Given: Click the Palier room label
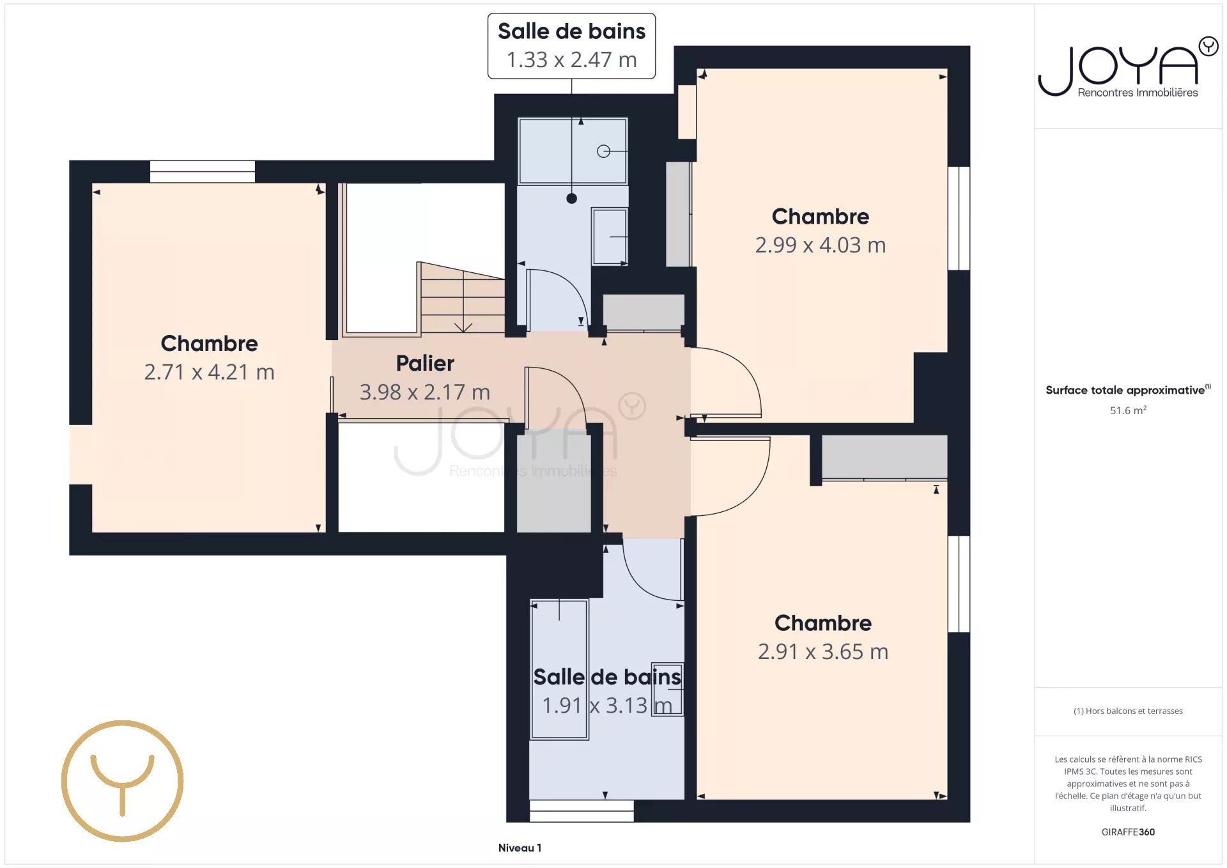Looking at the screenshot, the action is pyautogui.click(x=425, y=364).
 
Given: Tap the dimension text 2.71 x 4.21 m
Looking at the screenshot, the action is pyautogui.click(x=209, y=372).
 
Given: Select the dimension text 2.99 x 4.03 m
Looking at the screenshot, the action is pyautogui.click(x=821, y=245).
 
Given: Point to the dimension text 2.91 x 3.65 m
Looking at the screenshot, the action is pyautogui.click(x=823, y=651).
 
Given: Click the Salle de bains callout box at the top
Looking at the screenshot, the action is pyautogui.click(x=571, y=46).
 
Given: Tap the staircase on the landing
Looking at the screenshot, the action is pyautogui.click(x=462, y=298).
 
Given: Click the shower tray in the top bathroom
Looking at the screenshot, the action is pyautogui.click(x=573, y=151).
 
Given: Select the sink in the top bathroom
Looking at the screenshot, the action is pyautogui.click(x=610, y=236).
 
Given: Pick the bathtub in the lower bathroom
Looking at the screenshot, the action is pyautogui.click(x=559, y=669).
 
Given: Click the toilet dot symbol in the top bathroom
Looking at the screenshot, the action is pyautogui.click(x=571, y=199).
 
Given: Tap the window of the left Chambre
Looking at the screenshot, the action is pyautogui.click(x=202, y=172).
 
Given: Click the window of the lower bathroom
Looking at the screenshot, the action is pyautogui.click(x=582, y=810).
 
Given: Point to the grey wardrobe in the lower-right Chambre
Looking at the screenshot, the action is pyautogui.click(x=884, y=457).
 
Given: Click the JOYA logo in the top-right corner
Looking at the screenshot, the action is pyautogui.click(x=1128, y=67).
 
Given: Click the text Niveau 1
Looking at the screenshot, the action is pyautogui.click(x=520, y=848).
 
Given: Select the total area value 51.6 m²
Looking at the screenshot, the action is pyautogui.click(x=1128, y=410).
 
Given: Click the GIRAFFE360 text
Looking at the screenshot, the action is pyautogui.click(x=1128, y=832).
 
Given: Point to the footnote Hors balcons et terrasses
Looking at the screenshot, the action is pyautogui.click(x=1128, y=711).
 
